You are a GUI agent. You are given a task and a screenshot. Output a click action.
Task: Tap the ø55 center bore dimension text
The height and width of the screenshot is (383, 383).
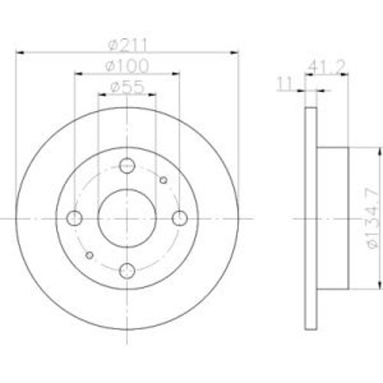126,87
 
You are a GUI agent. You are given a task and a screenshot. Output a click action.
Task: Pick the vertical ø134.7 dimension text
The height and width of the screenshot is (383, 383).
369,218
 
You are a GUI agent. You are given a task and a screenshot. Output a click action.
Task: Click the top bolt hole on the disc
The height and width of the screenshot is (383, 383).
127,165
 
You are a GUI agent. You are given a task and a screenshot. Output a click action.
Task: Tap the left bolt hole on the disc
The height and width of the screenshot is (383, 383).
75,218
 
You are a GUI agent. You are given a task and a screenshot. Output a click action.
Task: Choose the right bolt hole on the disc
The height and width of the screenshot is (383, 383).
179,218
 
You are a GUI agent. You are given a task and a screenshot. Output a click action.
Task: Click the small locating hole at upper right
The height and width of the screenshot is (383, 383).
163,181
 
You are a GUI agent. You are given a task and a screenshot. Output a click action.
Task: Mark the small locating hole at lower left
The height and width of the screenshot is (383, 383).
90,255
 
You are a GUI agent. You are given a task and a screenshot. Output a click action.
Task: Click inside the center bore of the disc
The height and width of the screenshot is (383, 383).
127,218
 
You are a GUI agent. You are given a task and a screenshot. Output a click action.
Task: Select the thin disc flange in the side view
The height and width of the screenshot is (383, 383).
310,218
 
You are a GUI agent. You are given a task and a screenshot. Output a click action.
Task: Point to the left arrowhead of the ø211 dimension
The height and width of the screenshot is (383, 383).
20,52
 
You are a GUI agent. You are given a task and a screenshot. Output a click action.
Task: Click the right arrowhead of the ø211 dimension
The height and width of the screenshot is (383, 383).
236,52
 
